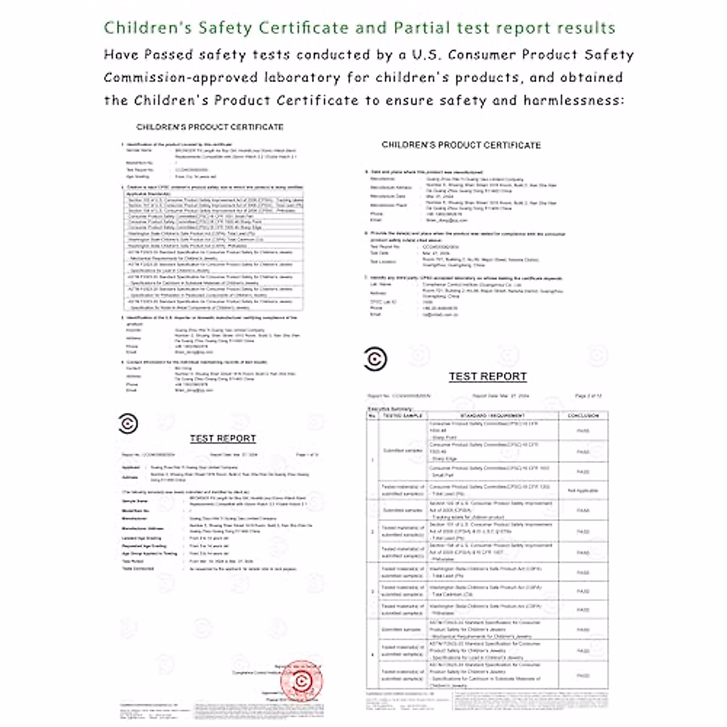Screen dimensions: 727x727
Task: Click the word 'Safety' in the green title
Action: tap(223, 28)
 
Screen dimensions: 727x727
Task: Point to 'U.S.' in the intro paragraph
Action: tap(427, 55)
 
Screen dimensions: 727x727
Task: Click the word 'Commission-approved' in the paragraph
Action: tap(181, 78)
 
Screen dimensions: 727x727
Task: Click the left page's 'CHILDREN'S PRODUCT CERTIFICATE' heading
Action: tap(210, 127)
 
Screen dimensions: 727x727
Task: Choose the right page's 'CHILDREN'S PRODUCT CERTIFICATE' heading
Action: tap(461, 145)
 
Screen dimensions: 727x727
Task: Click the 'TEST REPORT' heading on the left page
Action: tap(223, 439)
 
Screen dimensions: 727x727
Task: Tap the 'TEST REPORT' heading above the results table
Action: tap(488, 377)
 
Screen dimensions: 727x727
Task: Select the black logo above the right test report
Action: tap(375, 359)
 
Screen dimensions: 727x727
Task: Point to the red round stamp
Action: tap(301, 682)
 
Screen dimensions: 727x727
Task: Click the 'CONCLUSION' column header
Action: tap(583, 416)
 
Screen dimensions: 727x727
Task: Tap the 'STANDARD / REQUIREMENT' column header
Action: tap(493, 416)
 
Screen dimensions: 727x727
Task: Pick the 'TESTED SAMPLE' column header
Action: tap(402, 416)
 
